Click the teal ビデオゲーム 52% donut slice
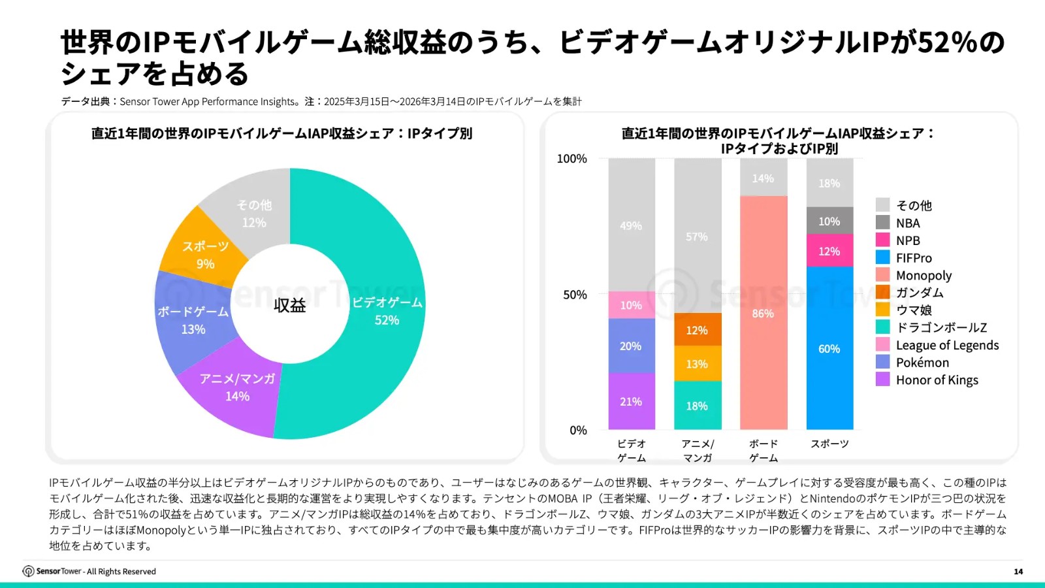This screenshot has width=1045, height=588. pyautogui.click(x=387, y=311)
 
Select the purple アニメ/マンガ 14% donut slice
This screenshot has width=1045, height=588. pyautogui.click(x=236, y=388)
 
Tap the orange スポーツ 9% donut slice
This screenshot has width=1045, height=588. pyautogui.click(x=204, y=255)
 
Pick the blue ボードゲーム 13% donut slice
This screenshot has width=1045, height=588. pyautogui.click(x=193, y=320)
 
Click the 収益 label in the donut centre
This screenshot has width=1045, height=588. pyautogui.click(x=289, y=305)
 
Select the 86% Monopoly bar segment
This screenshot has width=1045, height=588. pyautogui.click(x=763, y=313)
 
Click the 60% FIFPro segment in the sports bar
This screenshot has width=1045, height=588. pyautogui.click(x=829, y=348)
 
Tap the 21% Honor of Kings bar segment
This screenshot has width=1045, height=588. pyautogui.click(x=631, y=401)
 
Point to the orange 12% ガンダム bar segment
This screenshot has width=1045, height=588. pyautogui.click(x=697, y=330)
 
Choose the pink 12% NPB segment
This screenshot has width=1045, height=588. pyautogui.click(x=829, y=251)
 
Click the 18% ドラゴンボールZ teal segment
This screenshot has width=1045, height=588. pyautogui.click(x=697, y=406)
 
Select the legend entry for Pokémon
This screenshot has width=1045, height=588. pyautogui.click(x=922, y=363)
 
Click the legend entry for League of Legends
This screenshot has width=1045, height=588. pyautogui.click(x=946, y=345)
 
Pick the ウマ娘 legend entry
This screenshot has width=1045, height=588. pyautogui.click(x=913, y=310)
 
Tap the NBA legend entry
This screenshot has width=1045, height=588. pyautogui.click(x=907, y=223)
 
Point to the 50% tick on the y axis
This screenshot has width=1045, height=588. pyautogui.click(x=575, y=295)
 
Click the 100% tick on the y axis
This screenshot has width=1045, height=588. pyautogui.click(x=571, y=159)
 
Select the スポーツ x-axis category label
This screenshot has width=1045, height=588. pyautogui.click(x=829, y=444)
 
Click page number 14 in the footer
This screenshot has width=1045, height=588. pyautogui.click(x=1018, y=572)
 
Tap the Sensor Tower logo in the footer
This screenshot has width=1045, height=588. pyautogui.click(x=29, y=572)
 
